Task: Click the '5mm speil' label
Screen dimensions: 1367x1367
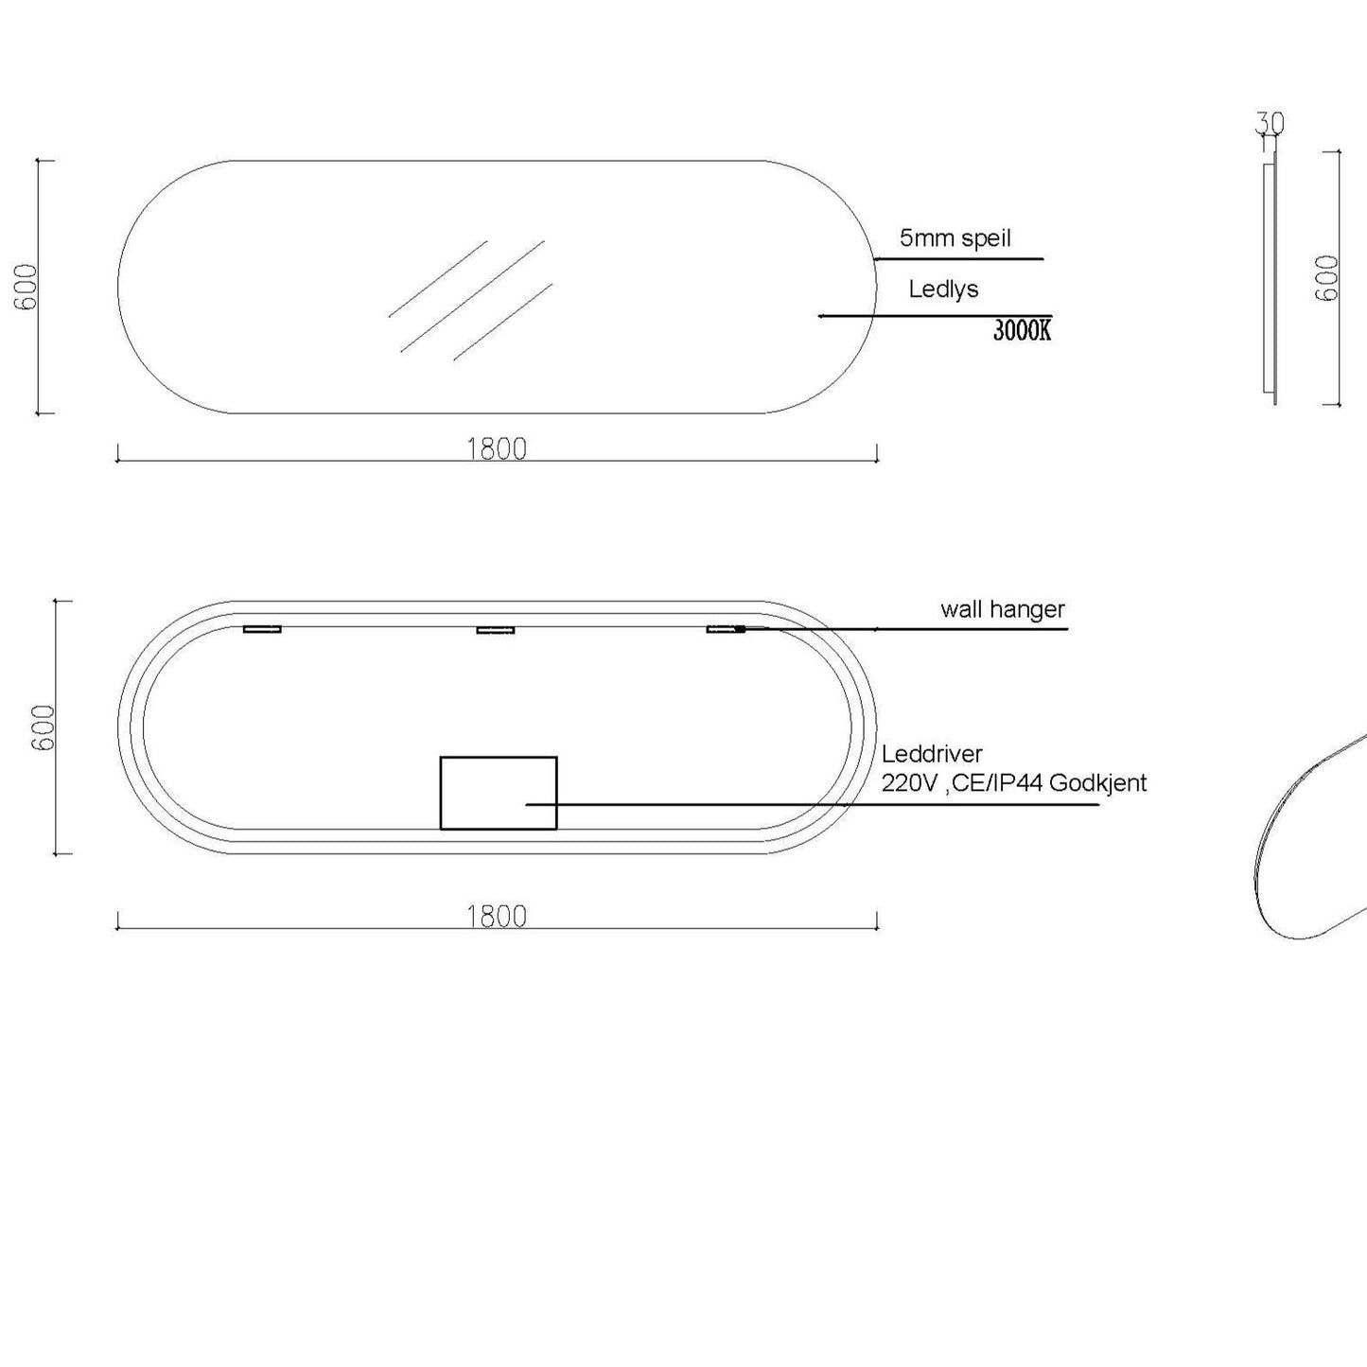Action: [955, 238]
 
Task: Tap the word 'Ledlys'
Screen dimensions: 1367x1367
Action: [943, 289]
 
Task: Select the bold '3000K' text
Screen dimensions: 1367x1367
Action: [1023, 330]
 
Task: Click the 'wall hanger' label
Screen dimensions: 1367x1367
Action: [1003, 609]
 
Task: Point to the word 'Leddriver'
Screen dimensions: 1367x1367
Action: [932, 753]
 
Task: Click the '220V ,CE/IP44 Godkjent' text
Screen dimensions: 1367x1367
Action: [1014, 783]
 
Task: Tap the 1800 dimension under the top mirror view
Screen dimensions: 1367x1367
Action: [497, 449]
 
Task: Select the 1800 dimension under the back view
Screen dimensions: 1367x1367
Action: [497, 917]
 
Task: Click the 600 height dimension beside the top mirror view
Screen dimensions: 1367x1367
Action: [26, 287]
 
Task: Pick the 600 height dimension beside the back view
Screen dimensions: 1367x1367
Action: [44, 727]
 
